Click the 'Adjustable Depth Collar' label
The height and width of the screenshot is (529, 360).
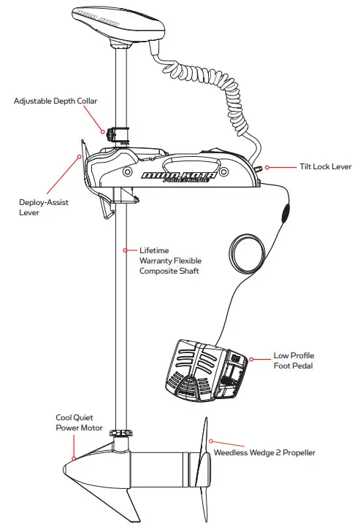click(x=55, y=100)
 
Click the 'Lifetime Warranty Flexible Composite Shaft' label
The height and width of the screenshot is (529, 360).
click(x=170, y=260)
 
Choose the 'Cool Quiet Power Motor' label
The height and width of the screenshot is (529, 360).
click(x=79, y=423)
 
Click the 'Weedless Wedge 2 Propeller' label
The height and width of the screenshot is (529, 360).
click(x=264, y=453)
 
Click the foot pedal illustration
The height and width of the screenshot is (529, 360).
click(x=207, y=372)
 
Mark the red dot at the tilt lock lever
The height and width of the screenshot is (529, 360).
click(x=267, y=167)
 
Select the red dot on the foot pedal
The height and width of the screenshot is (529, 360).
click(x=251, y=359)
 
